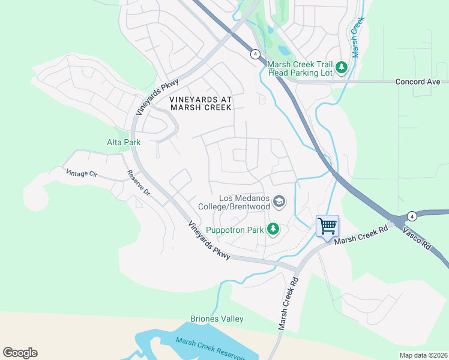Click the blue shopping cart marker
[327, 226]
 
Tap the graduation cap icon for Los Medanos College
[279, 202]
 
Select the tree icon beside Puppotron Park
[273, 229]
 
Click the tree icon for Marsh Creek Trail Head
[342, 67]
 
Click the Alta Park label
[124, 142]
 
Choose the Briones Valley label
[217, 319]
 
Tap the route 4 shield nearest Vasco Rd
[411, 215]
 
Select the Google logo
[20, 352]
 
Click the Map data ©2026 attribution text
[423, 355]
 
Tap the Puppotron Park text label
[235, 229]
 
